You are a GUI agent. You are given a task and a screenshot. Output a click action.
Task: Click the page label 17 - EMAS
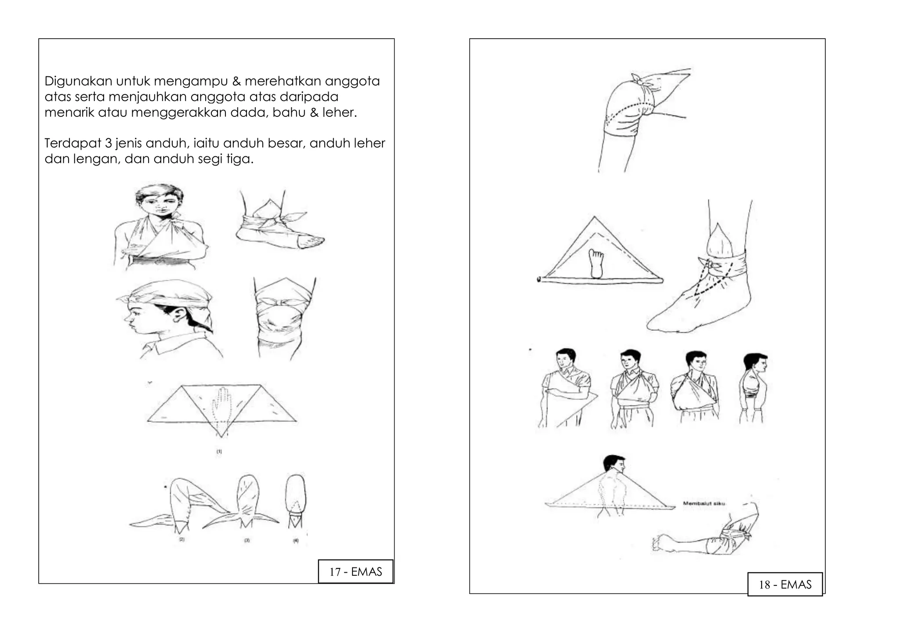(x=356, y=571)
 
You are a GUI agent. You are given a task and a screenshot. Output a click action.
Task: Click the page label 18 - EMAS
(x=785, y=584)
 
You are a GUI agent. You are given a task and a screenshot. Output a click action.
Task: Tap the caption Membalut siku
(x=704, y=503)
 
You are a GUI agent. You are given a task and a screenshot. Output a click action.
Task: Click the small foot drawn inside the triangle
(x=596, y=263)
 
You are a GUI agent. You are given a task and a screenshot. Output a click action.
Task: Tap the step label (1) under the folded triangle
(x=219, y=451)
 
